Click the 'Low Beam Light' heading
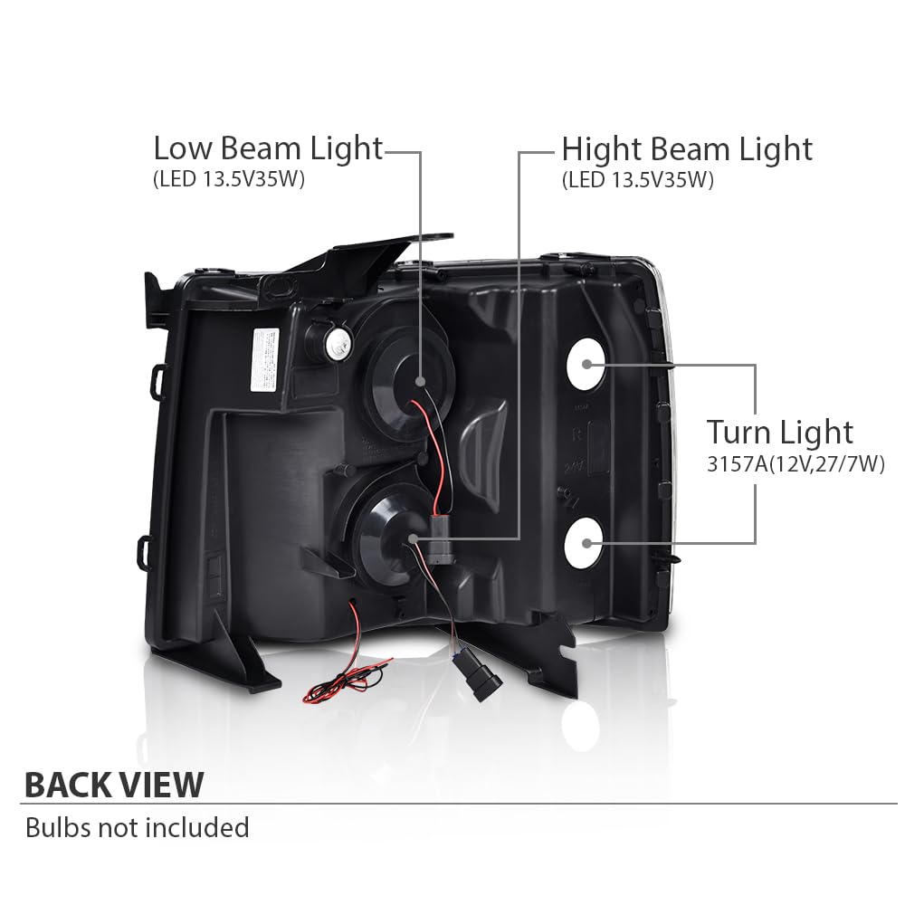pos(268,148)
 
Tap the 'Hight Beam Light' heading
pos(687,149)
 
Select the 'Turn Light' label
pos(780,433)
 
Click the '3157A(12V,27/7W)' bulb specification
pos(795,464)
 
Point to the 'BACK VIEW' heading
pos(114,785)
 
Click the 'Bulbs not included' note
pos(138,828)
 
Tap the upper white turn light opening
pos(586,364)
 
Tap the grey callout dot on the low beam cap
pos(420,382)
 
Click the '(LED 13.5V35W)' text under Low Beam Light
pos(229,179)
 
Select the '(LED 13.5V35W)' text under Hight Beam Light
pos(638,180)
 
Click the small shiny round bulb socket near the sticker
pos(336,345)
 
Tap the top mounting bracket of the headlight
pos(369,257)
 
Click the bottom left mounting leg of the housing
pos(245,653)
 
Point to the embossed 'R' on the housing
pos(576,435)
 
